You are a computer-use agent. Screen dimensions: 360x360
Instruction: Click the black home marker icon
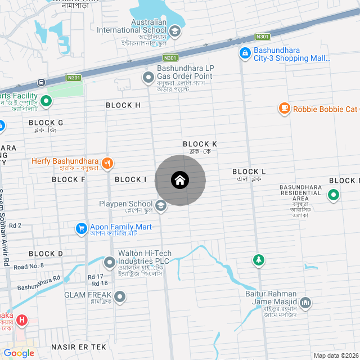click(x=180, y=181)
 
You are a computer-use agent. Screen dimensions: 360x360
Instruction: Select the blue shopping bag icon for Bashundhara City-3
click(x=245, y=53)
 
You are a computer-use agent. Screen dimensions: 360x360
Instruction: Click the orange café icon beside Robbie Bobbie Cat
click(x=285, y=109)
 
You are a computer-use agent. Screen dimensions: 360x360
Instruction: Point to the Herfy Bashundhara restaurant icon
click(x=107, y=164)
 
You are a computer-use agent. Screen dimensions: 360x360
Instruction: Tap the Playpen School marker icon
click(x=161, y=206)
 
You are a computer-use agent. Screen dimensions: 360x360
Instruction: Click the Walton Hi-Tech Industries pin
click(x=109, y=262)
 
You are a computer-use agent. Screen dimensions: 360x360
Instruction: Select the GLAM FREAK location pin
click(x=120, y=296)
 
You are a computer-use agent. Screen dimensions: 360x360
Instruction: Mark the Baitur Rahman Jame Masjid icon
click(x=305, y=303)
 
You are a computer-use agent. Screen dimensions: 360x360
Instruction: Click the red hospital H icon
click(x=22, y=321)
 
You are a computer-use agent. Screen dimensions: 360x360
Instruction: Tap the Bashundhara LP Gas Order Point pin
click(x=148, y=79)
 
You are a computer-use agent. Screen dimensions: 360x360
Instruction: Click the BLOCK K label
click(x=200, y=145)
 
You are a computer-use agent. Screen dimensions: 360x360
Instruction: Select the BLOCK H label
click(x=123, y=105)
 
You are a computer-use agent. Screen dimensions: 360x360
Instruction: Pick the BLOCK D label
click(x=46, y=254)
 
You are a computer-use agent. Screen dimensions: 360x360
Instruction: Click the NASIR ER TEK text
click(x=79, y=347)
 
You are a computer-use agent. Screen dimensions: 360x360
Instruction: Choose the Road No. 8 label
click(x=29, y=266)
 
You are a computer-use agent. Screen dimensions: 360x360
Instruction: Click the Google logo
click(x=19, y=353)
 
